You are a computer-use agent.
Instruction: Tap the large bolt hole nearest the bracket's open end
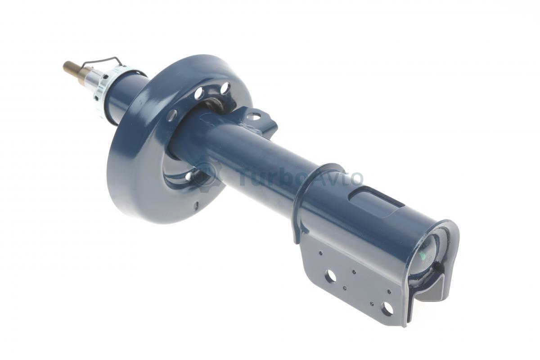(387, 309)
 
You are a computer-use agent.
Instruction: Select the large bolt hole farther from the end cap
(330, 277)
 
